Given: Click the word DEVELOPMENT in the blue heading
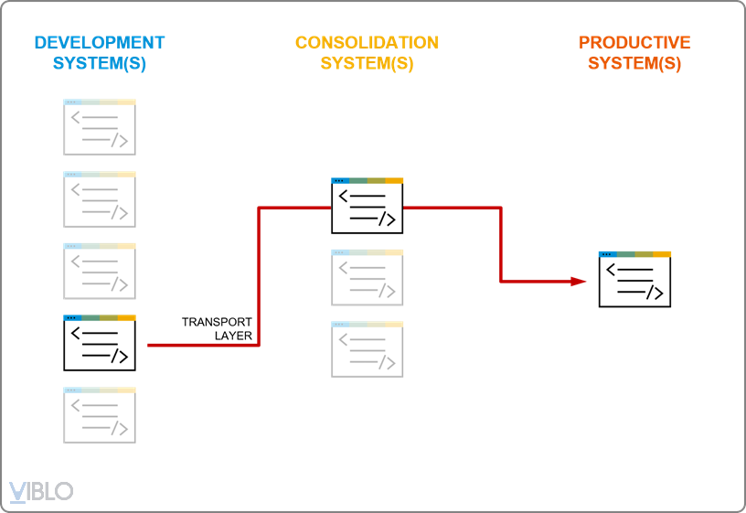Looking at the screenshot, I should click(x=100, y=43).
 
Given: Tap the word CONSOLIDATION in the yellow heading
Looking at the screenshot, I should click(x=367, y=43).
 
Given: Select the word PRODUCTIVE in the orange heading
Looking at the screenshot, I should click(x=634, y=43).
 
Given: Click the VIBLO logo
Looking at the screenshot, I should click(x=41, y=491).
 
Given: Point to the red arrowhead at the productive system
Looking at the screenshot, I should click(x=578, y=281).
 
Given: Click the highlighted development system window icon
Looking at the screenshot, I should click(x=100, y=343).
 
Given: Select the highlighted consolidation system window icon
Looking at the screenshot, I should click(x=367, y=206).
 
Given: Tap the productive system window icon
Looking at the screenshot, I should click(x=634, y=279).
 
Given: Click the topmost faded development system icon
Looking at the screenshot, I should click(x=100, y=127).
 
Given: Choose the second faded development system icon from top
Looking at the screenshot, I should click(x=100, y=199).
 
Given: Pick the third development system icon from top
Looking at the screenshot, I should click(x=100, y=271).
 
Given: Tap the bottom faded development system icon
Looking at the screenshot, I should click(x=100, y=415).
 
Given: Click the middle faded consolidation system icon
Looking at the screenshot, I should click(x=367, y=277).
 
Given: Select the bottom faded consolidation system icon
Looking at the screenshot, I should click(x=367, y=349).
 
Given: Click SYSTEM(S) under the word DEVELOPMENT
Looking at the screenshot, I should click(x=100, y=64).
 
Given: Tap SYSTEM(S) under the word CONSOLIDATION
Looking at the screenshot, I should click(x=367, y=64).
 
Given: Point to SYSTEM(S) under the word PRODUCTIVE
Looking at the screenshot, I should click(x=634, y=64).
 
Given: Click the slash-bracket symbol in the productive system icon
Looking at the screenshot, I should click(x=654, y=293).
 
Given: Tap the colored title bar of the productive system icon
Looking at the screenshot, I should click(x=634, y=254).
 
